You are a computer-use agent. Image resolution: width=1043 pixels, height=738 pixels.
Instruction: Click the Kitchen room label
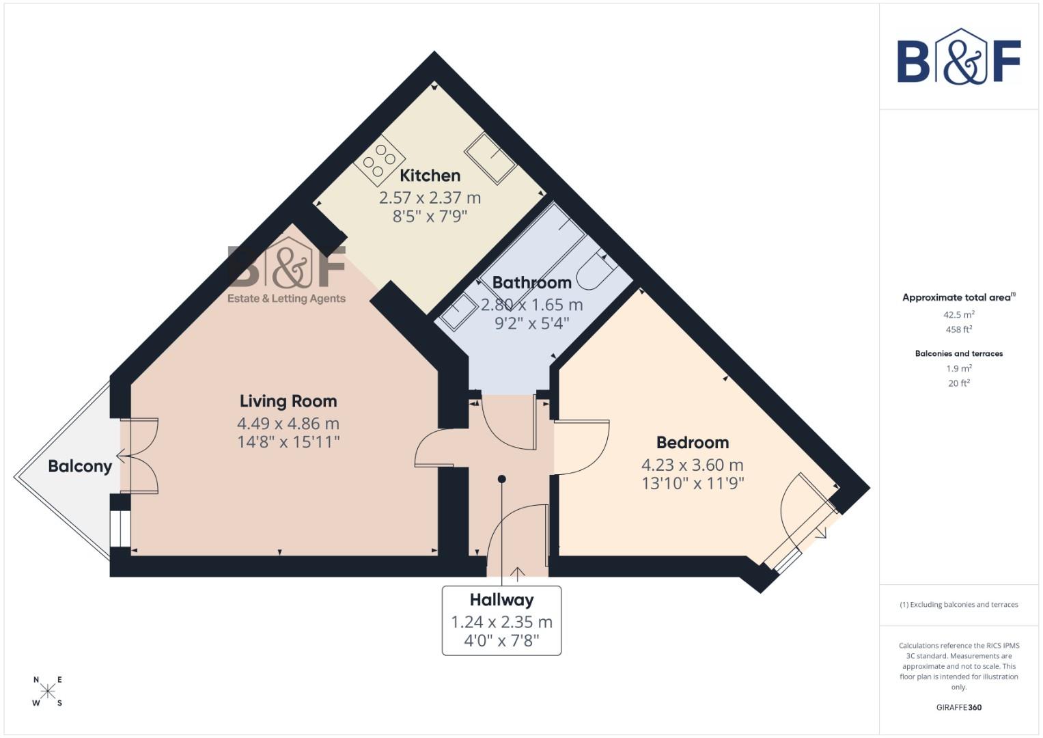[x=430, y=176]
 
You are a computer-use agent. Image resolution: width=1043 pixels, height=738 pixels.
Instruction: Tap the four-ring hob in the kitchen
[x=379, y=160]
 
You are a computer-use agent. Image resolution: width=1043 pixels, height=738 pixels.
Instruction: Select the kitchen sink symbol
[x=490, y=158]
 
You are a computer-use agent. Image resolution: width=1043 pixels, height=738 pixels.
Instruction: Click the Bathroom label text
[x=531, y=282]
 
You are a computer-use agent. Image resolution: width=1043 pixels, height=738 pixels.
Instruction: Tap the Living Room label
[x=288, y=401]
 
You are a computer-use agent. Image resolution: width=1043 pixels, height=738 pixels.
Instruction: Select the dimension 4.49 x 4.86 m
[x=288, y=424]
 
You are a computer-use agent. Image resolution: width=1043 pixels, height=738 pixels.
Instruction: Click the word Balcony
[x=80, y=467]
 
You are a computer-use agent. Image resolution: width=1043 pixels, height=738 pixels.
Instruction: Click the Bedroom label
[x=693, y=442]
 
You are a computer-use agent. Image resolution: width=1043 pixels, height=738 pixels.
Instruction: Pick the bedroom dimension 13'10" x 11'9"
[x=693, y=484]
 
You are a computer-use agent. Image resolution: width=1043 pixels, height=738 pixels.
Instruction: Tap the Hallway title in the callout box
[x=501, y=600]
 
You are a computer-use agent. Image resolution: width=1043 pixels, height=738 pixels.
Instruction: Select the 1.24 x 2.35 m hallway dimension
[x=501, y=622]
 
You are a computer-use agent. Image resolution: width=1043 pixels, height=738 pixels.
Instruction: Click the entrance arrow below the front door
[x=517, y=575]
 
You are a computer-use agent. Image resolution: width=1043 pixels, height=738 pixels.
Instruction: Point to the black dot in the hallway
[x=502, y=479]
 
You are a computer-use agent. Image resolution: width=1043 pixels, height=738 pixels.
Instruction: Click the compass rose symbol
[x=48, y=691]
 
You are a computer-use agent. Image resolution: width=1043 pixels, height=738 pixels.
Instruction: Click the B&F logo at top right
[x=959, y=58]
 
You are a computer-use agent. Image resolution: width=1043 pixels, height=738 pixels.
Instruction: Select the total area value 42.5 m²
[x=959, y=315]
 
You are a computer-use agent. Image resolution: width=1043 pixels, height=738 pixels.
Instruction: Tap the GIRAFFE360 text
[x=959, y=707]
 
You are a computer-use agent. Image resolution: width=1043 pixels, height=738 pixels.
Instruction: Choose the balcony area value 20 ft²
[x=959, y=383]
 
